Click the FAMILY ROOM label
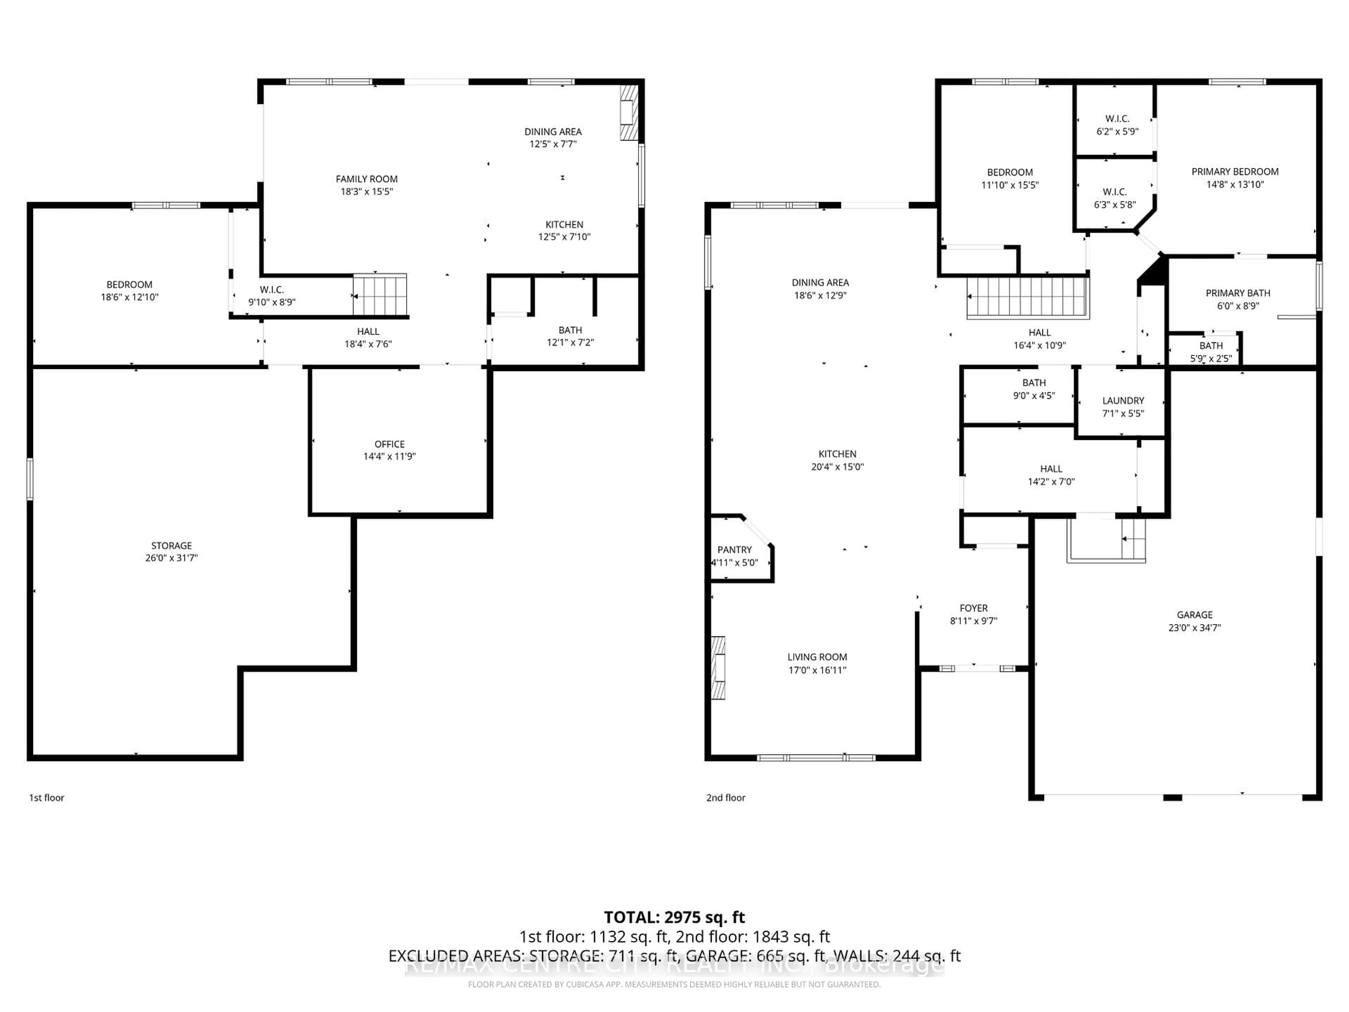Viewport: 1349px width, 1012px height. (x=366, y=179)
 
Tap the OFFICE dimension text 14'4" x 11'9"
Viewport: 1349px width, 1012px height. (x=389, y=456)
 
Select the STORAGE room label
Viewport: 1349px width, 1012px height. (x=171, y=545)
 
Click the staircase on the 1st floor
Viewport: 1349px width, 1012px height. (x=380, y=295)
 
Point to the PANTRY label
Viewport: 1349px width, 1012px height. (x=734, y=550)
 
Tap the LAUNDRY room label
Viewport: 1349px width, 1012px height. (x=1123, y=401)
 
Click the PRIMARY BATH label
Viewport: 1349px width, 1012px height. (x=1238, y=293)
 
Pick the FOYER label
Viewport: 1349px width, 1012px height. (x=973, y=608)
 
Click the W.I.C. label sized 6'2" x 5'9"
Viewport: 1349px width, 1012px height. (x=1117, y=119)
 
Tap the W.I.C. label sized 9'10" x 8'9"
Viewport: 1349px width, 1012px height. (x=272, y=290)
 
